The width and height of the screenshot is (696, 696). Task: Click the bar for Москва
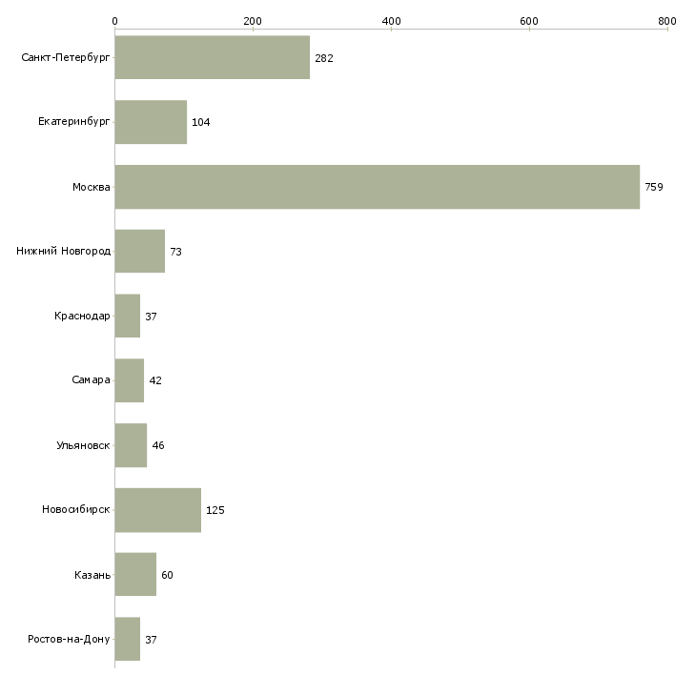377,187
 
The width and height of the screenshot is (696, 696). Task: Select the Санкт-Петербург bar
212,58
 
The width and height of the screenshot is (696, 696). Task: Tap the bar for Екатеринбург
151,122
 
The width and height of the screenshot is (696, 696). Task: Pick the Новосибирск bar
157,510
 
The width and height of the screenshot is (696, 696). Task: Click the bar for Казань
135,575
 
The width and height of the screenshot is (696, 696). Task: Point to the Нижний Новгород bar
139,252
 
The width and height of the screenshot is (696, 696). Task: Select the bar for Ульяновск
131,445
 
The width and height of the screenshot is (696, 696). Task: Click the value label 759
654,187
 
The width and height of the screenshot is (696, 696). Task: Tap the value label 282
324,58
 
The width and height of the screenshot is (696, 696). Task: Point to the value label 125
215,510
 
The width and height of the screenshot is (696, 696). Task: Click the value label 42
155,380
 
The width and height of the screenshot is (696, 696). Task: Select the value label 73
175,252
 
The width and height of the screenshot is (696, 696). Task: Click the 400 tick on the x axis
391,21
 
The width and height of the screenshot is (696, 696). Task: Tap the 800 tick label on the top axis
666,21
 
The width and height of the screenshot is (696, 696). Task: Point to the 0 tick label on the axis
114,21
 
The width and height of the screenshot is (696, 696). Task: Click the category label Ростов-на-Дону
70,639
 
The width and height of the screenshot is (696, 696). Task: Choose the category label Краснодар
82,316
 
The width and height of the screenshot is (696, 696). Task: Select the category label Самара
91,380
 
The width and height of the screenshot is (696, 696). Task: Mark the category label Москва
92,187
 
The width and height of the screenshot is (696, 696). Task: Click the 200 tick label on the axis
253,21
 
